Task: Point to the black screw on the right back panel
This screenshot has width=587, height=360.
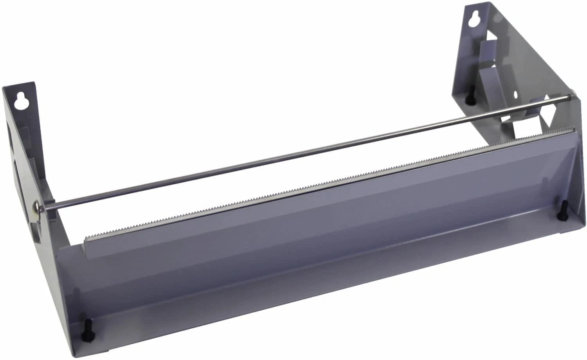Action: point(468,100)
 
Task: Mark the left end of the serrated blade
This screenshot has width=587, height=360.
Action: point(85,238)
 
